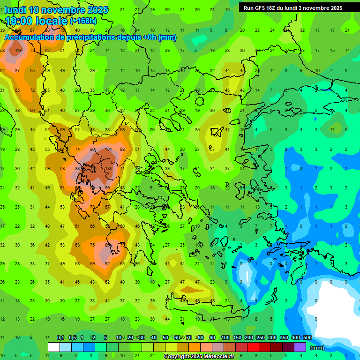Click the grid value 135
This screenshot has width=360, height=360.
(108, 168)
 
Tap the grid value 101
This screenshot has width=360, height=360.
(108, 150)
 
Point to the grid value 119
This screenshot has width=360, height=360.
(18, 50)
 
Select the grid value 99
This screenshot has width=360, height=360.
(107, 187)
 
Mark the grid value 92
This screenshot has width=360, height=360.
(107, 264)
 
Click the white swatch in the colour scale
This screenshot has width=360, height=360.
(54, 347)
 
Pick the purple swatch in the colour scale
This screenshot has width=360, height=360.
(300, 347)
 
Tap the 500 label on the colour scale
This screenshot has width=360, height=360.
(307, 337)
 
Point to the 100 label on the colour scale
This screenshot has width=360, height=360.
(225, 337)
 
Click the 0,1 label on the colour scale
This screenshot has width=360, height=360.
(60, 337)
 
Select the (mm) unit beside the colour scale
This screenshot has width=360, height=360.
(317, 348)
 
